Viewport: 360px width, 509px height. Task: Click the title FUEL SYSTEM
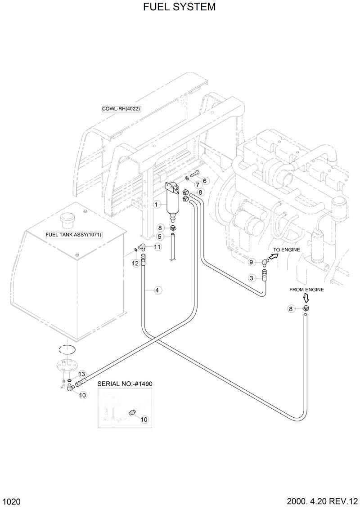pyautogui.click(x=180, y=7)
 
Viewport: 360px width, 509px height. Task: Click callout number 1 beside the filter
pyautogui.click(x=157, y=205)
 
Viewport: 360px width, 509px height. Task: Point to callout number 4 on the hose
pyautogui.click(x=157, y=290)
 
